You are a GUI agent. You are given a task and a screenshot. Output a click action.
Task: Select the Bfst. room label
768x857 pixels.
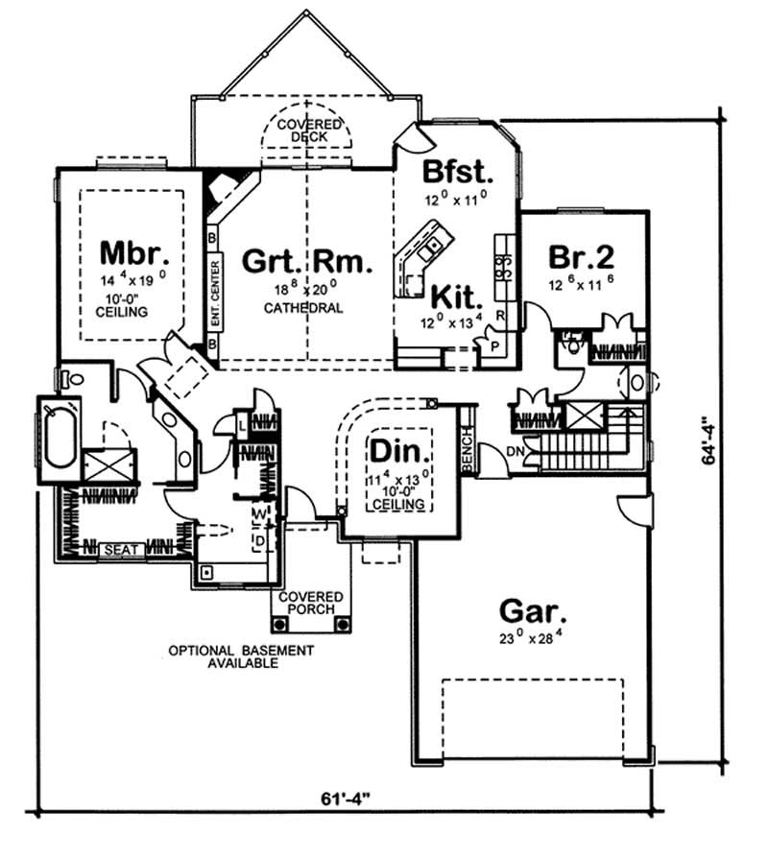tap(457, 174)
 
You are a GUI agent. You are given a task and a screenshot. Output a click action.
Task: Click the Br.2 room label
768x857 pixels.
tap(582, 257)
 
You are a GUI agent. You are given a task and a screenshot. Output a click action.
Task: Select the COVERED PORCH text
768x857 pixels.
tap(307, 603)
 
